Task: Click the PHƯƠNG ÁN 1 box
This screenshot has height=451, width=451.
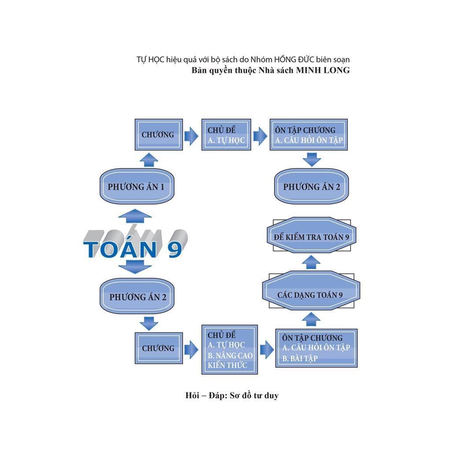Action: coord(136,187)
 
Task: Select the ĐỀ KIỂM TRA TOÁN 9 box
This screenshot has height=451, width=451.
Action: coord(311,237)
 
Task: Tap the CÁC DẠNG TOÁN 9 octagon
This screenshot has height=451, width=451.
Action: coord(311,294)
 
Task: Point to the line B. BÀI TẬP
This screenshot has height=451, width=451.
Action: coord(300,358)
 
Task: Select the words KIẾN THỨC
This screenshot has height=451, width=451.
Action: coord(228,365)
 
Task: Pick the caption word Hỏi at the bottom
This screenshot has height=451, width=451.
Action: coord(193,396)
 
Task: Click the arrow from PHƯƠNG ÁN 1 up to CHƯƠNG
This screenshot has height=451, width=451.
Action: coord(149,159)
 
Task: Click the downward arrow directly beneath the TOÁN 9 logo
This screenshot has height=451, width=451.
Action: coord(135,266)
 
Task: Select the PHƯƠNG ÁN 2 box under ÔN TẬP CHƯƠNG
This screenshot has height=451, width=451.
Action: coord(311,187)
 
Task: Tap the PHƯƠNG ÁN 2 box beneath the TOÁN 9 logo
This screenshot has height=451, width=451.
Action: coord(137,297)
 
